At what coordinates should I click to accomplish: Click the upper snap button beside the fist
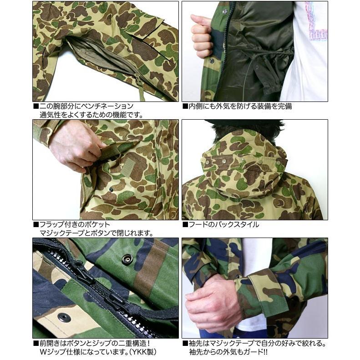coord(224,11)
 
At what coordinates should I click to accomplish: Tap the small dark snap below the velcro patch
coord(111,189)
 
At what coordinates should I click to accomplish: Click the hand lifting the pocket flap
coord(75,146)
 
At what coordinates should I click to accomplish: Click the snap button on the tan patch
coord(64,317)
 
